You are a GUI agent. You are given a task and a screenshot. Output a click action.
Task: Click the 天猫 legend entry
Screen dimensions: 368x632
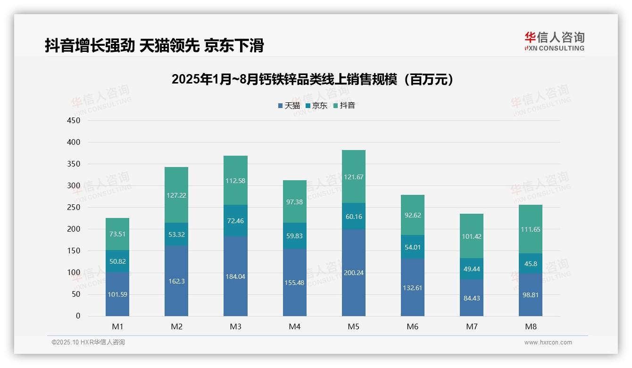[x=289, y=106]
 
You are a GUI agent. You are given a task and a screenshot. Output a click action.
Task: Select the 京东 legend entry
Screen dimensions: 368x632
[x=316, y=106]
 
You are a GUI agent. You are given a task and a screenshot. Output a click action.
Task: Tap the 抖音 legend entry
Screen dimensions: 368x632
[x=344, y=106]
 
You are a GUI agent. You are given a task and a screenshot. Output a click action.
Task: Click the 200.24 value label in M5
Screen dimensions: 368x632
[x=353, y=273]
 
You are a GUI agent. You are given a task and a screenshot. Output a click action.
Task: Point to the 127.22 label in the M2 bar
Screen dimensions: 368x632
[x=176, y=195]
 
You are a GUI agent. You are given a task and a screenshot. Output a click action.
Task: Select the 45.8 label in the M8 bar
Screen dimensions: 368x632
[x=531, y=264]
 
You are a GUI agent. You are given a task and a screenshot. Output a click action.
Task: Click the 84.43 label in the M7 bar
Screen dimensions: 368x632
[x=471, y=298]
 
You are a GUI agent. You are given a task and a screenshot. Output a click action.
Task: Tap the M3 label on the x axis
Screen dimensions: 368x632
[x=235, y=326]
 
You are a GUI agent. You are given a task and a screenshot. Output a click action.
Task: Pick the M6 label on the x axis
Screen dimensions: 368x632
[x=412, y=326]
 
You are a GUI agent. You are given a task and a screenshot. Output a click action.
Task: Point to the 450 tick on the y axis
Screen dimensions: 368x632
[x=74, y=120]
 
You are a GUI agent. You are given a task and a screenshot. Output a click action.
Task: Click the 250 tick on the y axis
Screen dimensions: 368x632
[x=74, y=208]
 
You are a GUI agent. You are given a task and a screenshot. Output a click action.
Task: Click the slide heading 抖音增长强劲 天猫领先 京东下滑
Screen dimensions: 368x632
[x=154, y=45]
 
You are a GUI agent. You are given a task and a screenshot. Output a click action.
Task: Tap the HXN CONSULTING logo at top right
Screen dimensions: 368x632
[x=554, y=42]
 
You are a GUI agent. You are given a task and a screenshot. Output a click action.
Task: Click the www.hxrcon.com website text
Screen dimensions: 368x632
[x=548, y=343]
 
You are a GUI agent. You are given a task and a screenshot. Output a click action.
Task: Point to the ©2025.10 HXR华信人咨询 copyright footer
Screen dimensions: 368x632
[x=88, y=343]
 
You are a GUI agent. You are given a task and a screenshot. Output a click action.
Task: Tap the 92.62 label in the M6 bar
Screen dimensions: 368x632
[x=412, y=215]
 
